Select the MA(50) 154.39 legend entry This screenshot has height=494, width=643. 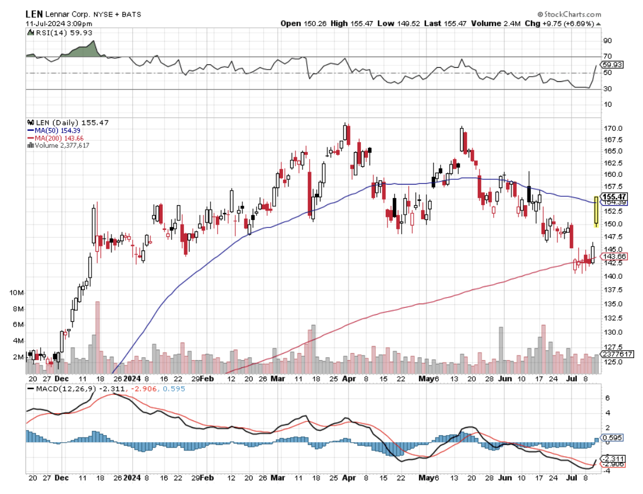[x=54, y=130]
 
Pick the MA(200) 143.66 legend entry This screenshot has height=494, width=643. [x=55, y=137]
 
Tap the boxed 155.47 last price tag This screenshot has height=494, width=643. [x=614, y=196]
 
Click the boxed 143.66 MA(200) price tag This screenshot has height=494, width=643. [x=614, y=256]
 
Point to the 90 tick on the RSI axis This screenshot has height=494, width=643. [x=606, y=41]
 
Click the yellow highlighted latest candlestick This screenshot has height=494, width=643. [x=596, y=211]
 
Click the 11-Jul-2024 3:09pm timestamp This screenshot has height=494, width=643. [x=55, y=23]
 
